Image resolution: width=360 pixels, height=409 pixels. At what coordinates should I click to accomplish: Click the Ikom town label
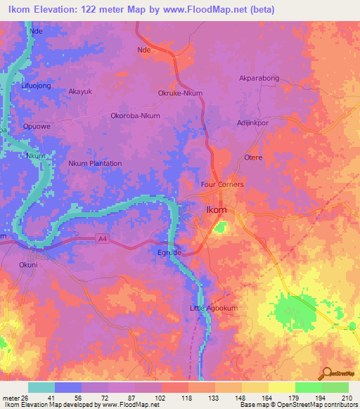pos(215,210)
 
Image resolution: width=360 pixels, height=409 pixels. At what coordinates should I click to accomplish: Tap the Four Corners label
pos(222,184)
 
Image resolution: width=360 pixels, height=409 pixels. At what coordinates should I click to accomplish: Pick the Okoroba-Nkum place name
pos(136,116)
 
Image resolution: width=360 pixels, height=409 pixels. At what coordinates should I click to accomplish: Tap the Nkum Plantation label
pos(95,163)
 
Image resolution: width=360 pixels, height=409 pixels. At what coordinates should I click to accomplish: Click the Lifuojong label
pos(37,85)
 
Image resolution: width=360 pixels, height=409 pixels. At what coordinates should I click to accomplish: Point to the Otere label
pos(252,157)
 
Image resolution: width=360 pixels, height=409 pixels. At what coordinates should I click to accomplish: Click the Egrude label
pos(168,252)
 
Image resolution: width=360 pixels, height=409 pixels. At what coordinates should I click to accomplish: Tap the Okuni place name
pos(29,265)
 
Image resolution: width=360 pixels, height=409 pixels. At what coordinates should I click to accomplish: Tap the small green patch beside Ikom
pos(221,227)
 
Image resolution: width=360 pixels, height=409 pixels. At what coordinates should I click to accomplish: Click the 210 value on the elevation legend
pos(347,398)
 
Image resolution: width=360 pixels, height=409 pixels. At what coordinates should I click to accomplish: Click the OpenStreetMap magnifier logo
pos(327,373)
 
